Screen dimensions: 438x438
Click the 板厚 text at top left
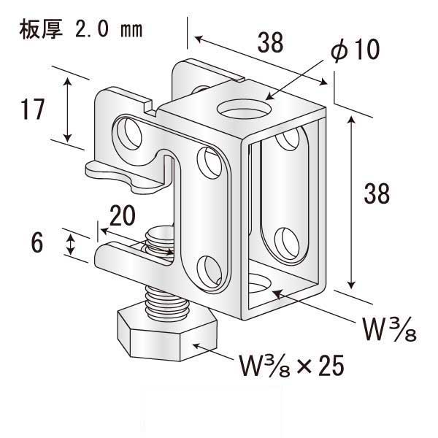tap(41, 30)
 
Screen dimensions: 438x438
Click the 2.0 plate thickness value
tap(92, 30)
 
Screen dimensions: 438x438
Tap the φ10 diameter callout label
tap(355, 50)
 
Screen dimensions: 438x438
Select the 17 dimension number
tap(32, 109)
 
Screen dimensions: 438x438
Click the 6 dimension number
tap(37, 242)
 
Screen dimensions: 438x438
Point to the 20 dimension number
tap(123, 215)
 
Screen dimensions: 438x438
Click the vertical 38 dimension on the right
tap(377, 193)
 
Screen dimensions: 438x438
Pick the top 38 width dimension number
tap(270, 42)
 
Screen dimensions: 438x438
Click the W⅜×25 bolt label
tap(291, 366)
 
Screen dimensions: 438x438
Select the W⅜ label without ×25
tap(389, 330)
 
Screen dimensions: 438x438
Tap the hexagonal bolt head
tap(167, 335)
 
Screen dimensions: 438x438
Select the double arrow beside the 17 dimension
tap(68, 110)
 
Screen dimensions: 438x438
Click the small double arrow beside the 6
tap(70, 245)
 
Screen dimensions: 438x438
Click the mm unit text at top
tap(131, 31)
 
